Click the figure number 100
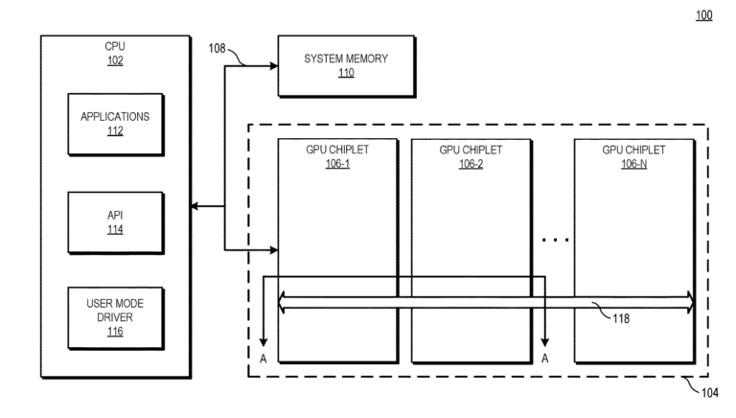point(704,15)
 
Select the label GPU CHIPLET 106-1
point(336,156)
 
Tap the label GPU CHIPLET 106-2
point(470,156)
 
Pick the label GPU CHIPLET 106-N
point(632,156)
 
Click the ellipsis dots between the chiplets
point(556,239)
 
